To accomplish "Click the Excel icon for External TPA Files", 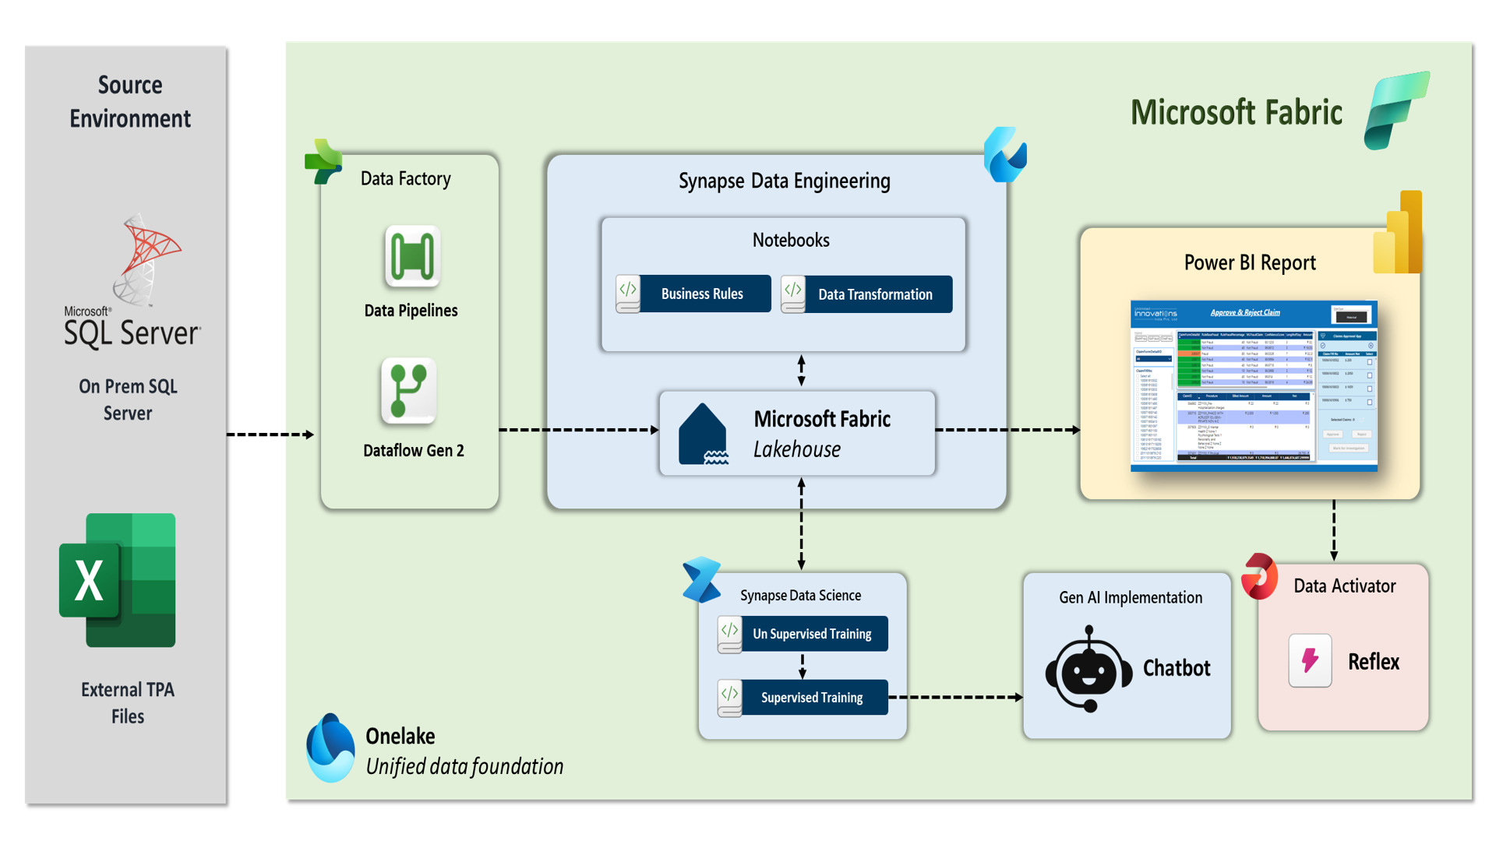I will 118,580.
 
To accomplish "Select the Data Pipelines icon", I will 412,256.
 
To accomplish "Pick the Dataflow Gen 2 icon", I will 409,391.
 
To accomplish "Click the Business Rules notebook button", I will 693,294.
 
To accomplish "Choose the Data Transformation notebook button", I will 866,294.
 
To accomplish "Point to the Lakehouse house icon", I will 703,435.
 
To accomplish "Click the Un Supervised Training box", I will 803,634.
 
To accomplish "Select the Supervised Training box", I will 803,698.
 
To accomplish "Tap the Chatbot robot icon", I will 1088,669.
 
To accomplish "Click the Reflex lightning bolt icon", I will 1310,661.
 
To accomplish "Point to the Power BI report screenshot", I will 1254,386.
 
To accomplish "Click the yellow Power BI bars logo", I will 1399,233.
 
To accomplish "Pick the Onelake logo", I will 330,748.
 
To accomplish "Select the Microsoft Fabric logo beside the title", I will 1396,110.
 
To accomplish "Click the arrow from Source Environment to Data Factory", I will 270,435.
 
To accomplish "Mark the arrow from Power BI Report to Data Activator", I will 1334,530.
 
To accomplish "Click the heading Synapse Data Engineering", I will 784,181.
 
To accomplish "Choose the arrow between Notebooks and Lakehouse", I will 801,371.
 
